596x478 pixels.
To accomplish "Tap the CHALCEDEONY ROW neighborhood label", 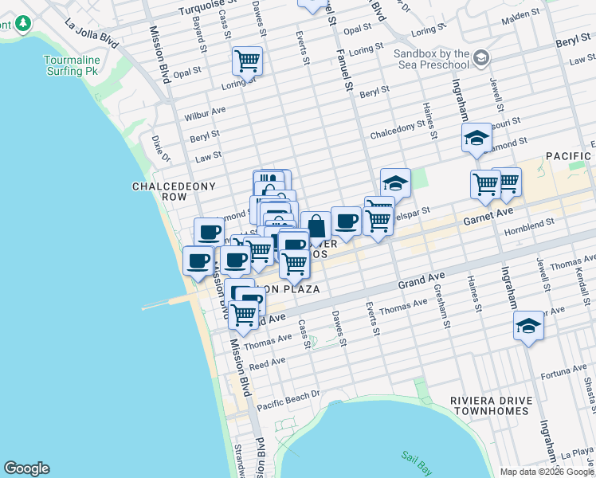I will [164, 192].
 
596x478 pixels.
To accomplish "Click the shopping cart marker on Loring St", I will [247, 60].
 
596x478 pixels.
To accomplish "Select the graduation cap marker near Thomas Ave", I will [527, 326].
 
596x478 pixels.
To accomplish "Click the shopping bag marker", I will [316, 225].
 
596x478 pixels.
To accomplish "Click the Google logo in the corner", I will [26, 468].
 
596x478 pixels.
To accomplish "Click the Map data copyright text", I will [547, 472].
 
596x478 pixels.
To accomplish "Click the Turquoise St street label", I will [182, 10].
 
